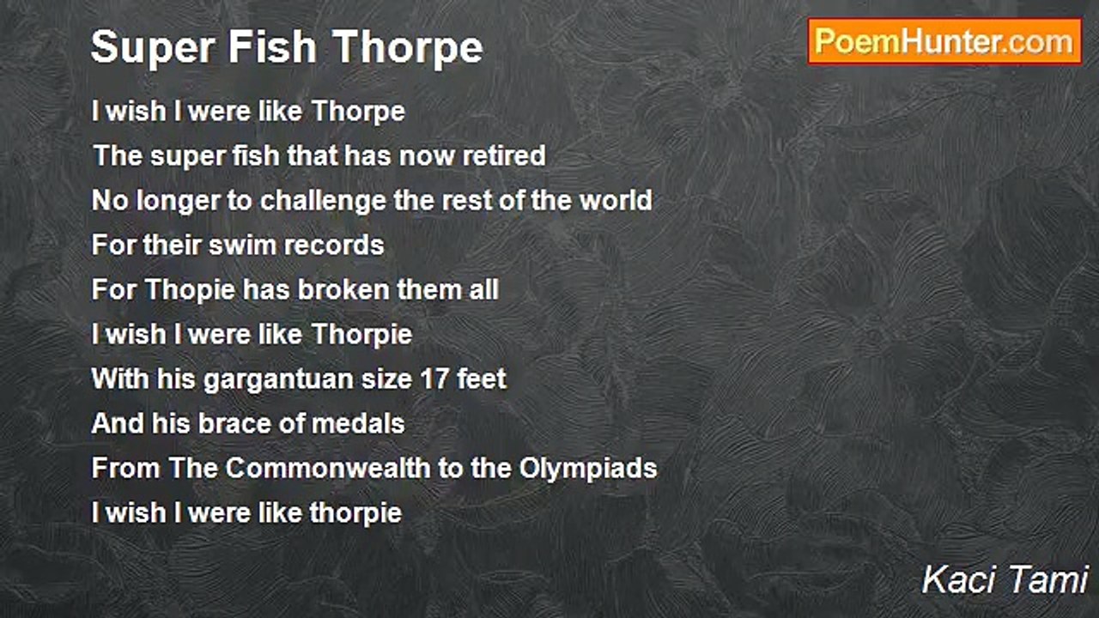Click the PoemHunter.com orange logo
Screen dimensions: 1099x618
click(x=944, y=42)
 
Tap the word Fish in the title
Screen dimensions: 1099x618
click(x=272, y=47)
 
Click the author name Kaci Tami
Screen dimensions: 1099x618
click(x=1005, y=579)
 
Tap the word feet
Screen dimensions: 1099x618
click(x=482, y=379)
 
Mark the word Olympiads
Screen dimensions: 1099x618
click(x=588, y=469)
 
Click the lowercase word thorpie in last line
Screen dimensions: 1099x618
click(x=355, y=513)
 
